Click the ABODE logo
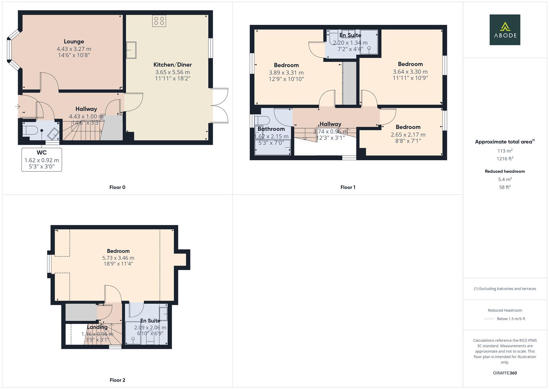504,30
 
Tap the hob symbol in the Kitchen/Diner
159,21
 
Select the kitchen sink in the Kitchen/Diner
131,50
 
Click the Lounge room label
74,42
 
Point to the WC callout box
42,160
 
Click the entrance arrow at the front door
17,106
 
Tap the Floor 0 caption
117,187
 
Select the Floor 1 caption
348,187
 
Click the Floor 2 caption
117,380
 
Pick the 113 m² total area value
504,151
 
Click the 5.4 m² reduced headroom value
504,179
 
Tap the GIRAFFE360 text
504,373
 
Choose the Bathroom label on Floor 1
271,129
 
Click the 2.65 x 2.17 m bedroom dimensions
408,135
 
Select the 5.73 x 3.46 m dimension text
118,258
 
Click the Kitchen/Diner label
173,65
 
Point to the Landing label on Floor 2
97,327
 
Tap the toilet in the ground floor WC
29,130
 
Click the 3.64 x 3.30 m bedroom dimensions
410,72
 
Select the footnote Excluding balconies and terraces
504,289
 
